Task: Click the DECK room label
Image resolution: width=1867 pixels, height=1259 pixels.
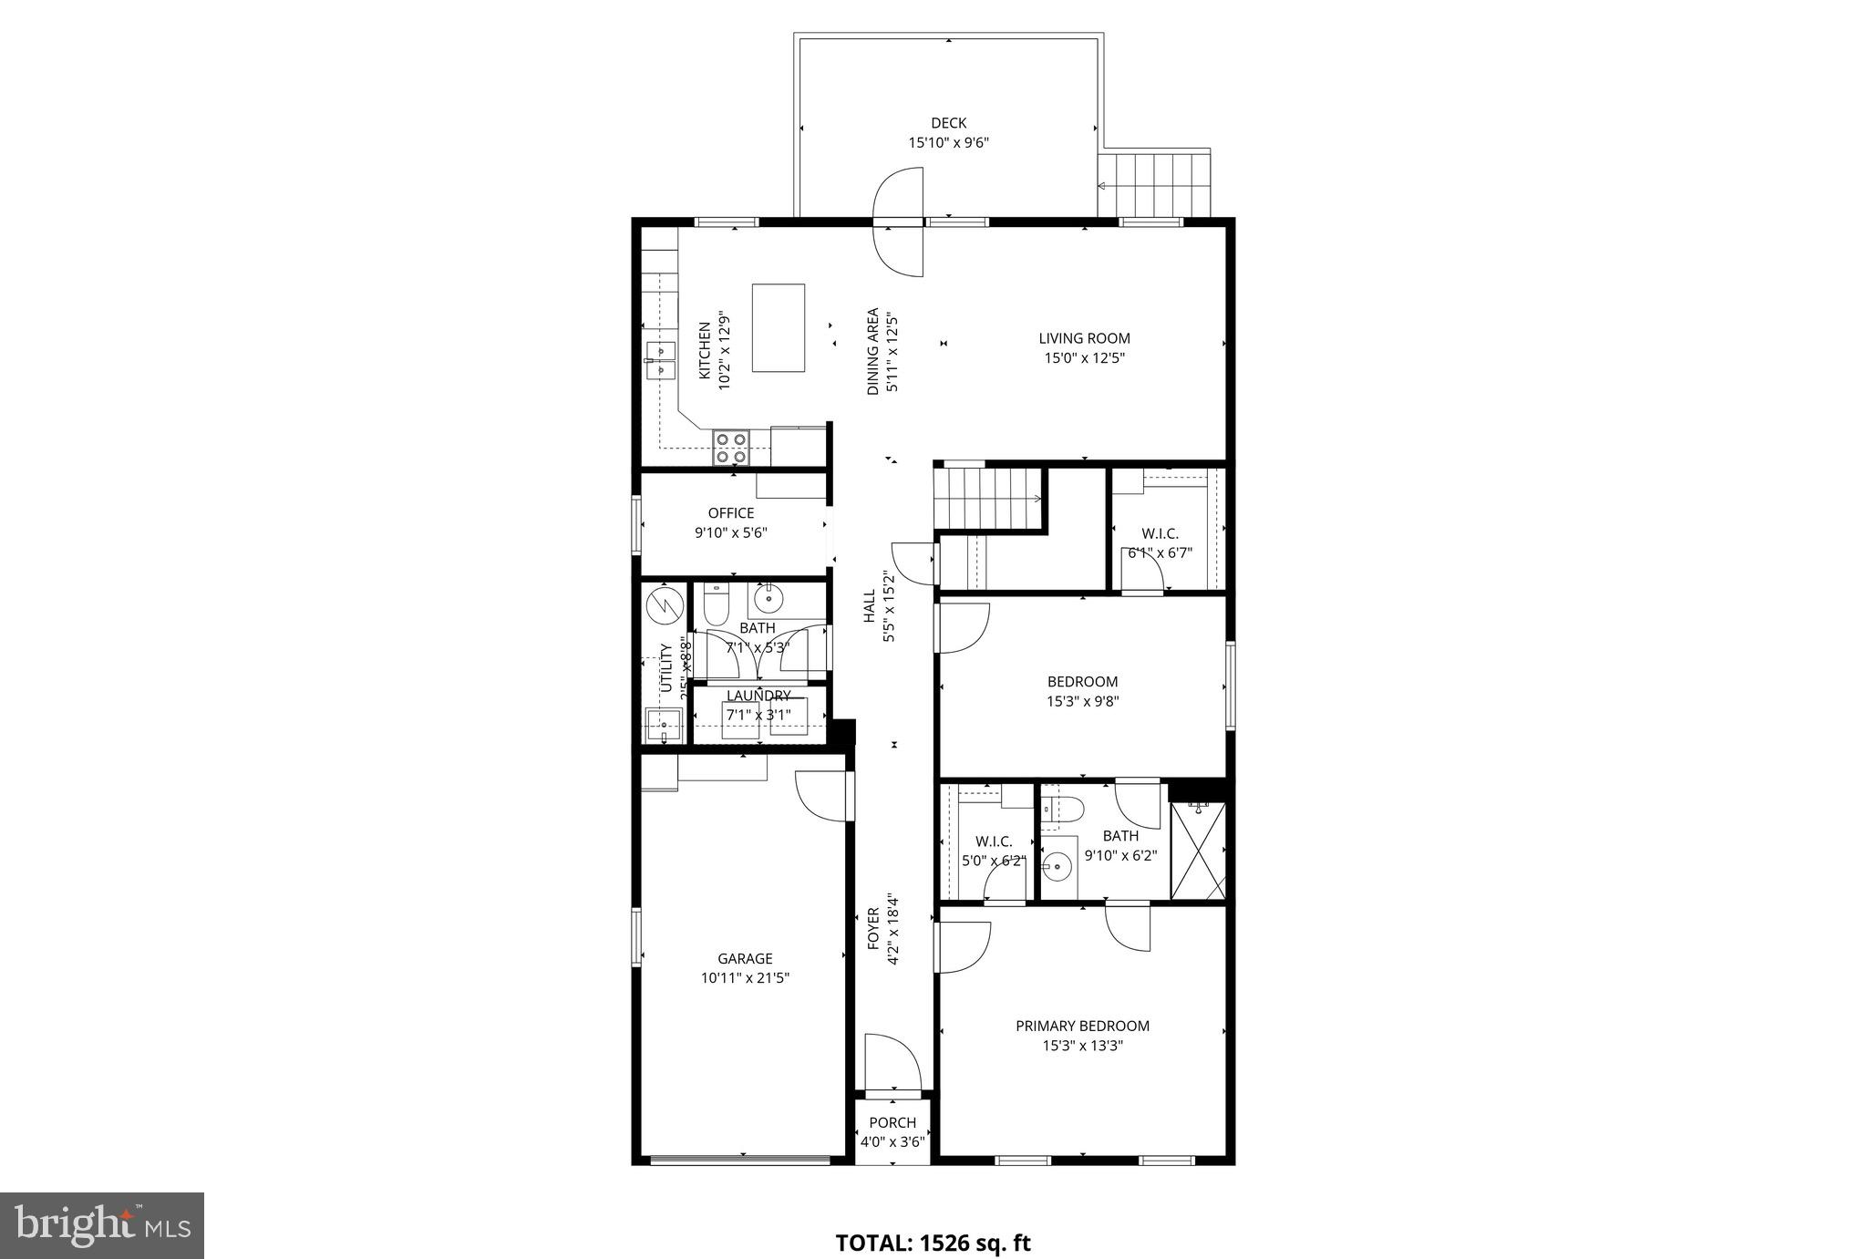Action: (x=948, y=123)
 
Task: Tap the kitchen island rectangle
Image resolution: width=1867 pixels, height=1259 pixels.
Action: (x=778, y=327)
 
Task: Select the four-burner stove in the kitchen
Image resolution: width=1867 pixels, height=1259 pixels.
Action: (x=731, y=448)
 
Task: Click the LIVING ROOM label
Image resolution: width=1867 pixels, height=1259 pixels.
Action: (x=1084, y=338)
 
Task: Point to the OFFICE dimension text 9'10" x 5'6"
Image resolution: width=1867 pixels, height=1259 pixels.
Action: (x=731, y=532)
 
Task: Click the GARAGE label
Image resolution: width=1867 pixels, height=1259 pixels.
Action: (x=745, y=958)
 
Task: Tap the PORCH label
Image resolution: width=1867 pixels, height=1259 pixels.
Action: (x=892, y=1122)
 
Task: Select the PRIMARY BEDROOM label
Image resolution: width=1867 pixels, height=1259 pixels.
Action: (x=1082, y=1026)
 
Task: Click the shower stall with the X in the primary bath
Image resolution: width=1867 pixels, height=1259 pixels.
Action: (x=1198, y=851)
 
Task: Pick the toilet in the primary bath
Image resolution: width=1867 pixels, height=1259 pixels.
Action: (x=1063, y=808)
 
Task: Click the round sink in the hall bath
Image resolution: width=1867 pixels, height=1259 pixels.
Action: (x=769, y=599)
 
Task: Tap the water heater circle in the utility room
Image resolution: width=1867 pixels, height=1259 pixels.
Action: (x=664, y=604)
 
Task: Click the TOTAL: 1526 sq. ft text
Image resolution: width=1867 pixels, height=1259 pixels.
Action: (x=933, y=1243)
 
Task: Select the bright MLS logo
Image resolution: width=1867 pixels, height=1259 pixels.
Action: (x=102, y=1225)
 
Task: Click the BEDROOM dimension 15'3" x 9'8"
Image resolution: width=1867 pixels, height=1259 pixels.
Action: (x=1082, y=701)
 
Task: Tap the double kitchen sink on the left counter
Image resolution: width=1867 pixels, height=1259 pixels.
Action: (x=660, y=360)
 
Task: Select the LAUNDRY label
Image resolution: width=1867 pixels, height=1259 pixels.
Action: (x=758, y=696)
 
